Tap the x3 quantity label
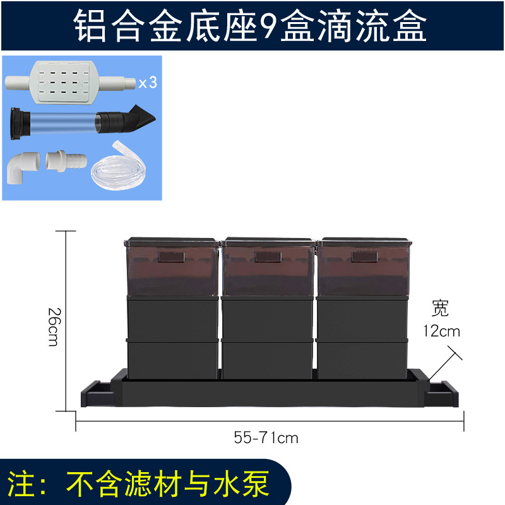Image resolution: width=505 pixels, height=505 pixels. coord(147,83)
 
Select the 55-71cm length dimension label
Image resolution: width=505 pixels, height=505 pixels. coord(266,437)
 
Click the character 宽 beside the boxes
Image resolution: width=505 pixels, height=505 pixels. coord(441,309)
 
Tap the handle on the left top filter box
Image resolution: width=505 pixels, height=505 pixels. coord(171,256)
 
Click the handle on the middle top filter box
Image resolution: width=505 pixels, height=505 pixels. coord(267,256)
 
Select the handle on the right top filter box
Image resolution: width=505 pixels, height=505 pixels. coord(364,256)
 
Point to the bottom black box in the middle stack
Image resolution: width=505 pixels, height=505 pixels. coord(268,360)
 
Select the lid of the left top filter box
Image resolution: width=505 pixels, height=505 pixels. coord(172,241)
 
